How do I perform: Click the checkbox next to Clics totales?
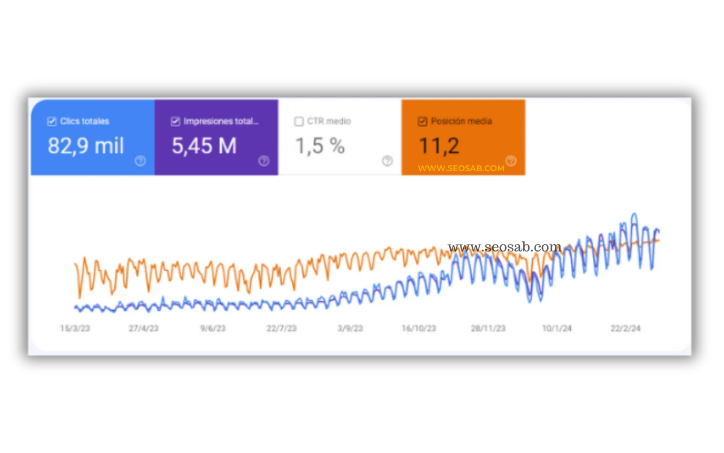(x=51, y=122)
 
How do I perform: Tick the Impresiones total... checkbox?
(x=175, y=122)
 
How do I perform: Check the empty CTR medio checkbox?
(x=299, y=122)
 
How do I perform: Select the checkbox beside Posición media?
(x=423, y=122)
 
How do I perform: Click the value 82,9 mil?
(x=86, y=146)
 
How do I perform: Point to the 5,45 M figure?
(x=204, y=146)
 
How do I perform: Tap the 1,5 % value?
(x=320, y=146)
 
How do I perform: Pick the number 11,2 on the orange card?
(x=439, y=146)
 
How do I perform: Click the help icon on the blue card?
(x=140, y=161)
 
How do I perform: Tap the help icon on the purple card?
(x=264, y=161)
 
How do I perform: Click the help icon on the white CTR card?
(x=387, y=161)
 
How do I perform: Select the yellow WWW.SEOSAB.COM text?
(x=461, y=168)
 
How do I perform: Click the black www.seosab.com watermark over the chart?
(x=505, y=247)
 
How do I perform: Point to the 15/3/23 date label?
(x=75, y=328)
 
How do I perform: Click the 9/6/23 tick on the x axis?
(x=213, y=328)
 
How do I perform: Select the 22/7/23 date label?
(x=282, y=328)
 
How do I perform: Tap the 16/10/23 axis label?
(x=419, y=328)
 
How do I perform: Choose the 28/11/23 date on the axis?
(x=488, y=328)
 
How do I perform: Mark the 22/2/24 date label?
(x=626, y=328)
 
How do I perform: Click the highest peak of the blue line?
(x=635, y=213)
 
